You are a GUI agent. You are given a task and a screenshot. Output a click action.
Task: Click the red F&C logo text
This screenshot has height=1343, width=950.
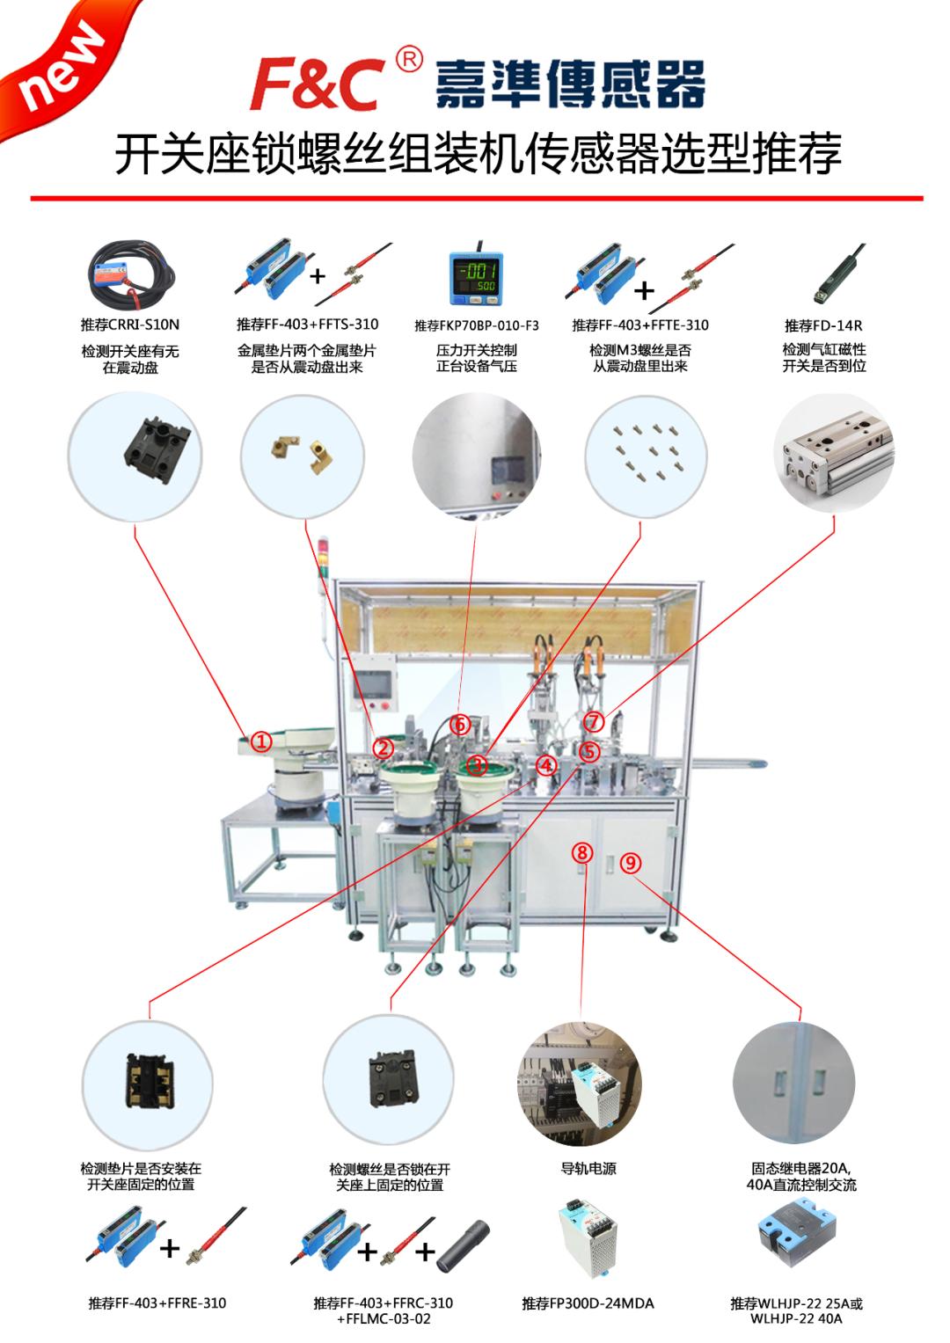(317, 86)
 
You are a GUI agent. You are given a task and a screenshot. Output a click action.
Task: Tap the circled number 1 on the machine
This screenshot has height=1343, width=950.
(261, 741)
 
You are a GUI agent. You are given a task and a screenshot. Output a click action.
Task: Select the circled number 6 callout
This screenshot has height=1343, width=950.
(460, 725)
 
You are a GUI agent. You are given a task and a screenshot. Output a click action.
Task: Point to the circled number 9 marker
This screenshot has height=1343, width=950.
(630, 863)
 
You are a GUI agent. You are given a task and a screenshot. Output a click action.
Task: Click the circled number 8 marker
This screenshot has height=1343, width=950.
(581, 851)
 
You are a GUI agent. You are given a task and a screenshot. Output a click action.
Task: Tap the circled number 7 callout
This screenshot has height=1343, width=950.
(595, 722)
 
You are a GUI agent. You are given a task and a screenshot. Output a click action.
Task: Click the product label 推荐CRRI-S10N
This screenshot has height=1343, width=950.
(130, 325)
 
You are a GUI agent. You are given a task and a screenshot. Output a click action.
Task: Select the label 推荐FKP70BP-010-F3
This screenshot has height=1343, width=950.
(477, 325)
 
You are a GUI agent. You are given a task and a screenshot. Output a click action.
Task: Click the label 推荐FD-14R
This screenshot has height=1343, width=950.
(823, 325)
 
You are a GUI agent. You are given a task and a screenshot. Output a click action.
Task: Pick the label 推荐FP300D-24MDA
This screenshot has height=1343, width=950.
(588, 1303)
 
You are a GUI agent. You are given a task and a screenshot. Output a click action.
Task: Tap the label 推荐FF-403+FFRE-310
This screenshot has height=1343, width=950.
(157, 1303)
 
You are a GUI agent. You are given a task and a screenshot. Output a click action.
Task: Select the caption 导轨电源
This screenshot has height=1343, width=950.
(588, 1169)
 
